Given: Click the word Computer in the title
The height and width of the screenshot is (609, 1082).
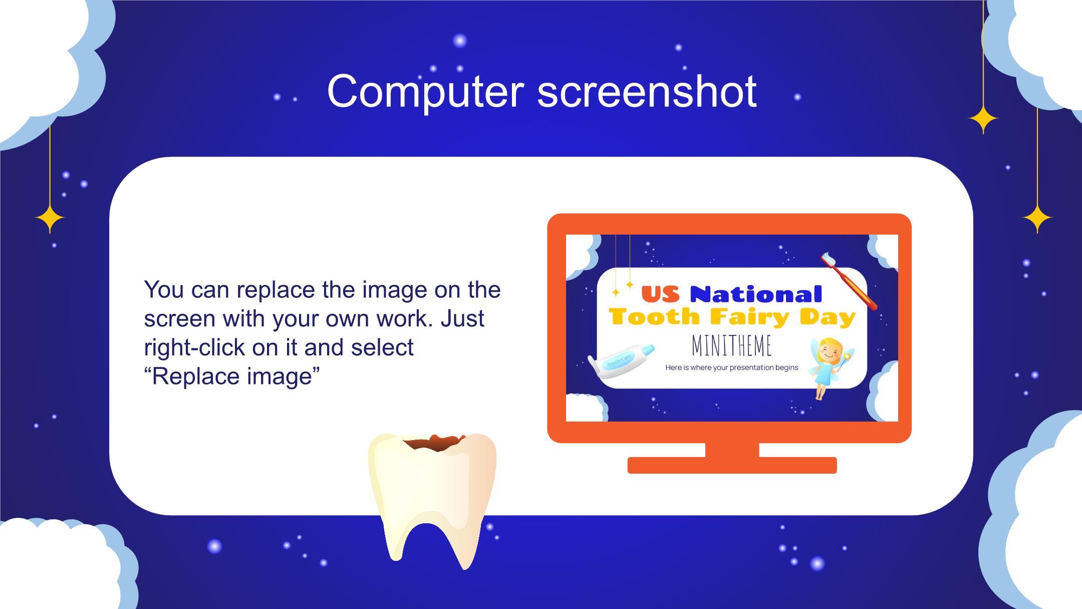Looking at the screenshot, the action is (425, 92).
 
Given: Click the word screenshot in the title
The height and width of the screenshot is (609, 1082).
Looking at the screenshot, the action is (647, 92).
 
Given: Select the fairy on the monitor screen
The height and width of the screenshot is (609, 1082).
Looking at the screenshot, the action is (829, 367).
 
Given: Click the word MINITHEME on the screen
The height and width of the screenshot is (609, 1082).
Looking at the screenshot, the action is (731, 346).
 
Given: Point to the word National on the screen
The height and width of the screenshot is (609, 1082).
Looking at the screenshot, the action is (756, 294).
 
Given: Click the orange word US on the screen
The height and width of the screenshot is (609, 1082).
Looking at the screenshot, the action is (660, 294).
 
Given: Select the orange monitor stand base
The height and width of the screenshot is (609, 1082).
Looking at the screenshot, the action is (732, 465).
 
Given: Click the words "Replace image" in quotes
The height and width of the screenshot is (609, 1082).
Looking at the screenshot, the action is (232, 376).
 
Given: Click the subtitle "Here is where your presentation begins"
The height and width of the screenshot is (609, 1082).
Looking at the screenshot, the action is (732, 367).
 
